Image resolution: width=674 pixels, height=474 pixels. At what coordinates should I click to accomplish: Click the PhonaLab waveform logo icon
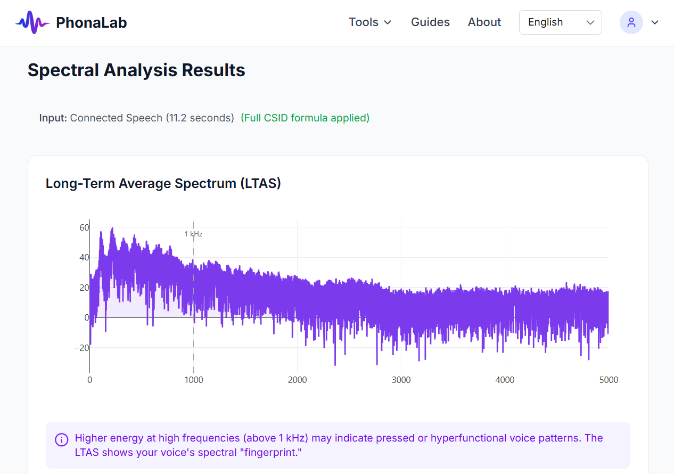[32, 22]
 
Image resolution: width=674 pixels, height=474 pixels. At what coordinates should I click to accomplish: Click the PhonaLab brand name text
[91, 22]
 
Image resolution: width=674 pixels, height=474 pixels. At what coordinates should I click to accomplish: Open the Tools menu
[370, 22]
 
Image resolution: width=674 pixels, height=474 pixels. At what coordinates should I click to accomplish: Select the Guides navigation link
[430, 22]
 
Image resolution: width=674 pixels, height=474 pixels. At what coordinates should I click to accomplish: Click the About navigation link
[484, 22]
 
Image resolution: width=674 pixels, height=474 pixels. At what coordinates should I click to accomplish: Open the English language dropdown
[560, 22]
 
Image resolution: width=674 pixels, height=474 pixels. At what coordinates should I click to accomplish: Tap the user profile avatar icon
[631, 22]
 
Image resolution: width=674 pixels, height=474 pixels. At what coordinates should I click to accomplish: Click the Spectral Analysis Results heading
[136, 70]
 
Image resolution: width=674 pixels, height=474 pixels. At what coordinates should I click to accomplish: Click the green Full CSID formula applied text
[305, 118]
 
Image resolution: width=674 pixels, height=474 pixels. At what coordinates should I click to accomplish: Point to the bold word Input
[53, 118]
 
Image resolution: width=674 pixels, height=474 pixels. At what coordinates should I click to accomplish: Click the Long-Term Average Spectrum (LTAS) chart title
[163, 183]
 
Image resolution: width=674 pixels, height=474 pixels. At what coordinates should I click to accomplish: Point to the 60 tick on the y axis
[84, 227]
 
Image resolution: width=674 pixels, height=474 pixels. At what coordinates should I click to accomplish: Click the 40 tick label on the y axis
[84, 258]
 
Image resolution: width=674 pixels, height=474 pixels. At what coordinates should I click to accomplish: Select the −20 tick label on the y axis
[81, 348]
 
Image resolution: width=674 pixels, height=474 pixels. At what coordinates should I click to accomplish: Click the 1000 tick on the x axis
[193, 380]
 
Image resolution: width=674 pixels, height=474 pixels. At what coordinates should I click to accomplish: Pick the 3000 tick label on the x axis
[401, 380]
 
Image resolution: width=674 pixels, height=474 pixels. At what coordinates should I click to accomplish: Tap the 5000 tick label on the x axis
[609, 380]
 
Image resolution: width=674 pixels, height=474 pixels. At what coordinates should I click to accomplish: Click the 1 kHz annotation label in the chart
[193, 234]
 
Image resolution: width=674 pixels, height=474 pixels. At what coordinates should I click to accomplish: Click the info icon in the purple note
[62, 439]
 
